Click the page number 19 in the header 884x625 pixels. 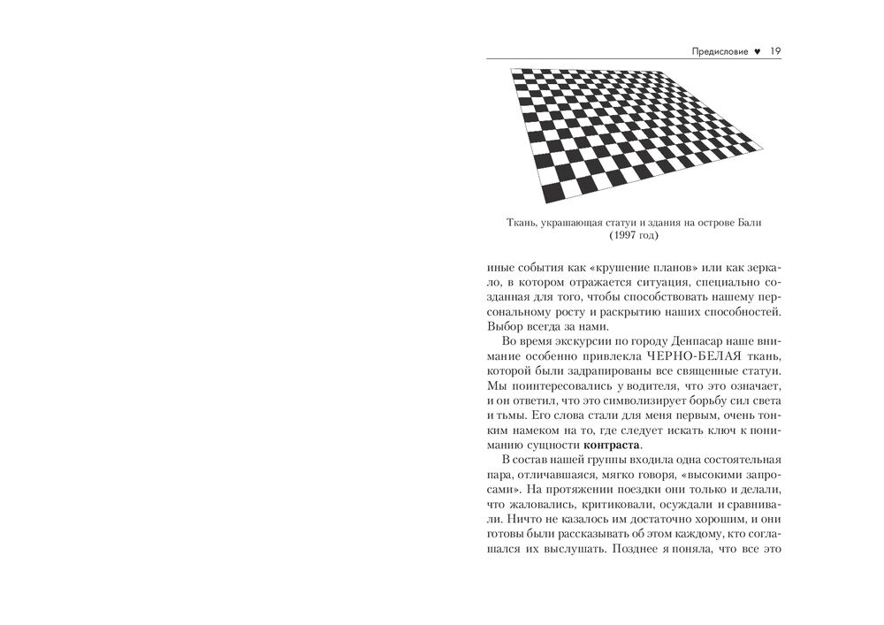click(x=775, y=51)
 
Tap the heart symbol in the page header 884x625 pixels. click(x=758, y=51)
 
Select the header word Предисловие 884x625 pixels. click(x=720, y=51)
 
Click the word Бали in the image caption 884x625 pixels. click(x=748, y=223)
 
